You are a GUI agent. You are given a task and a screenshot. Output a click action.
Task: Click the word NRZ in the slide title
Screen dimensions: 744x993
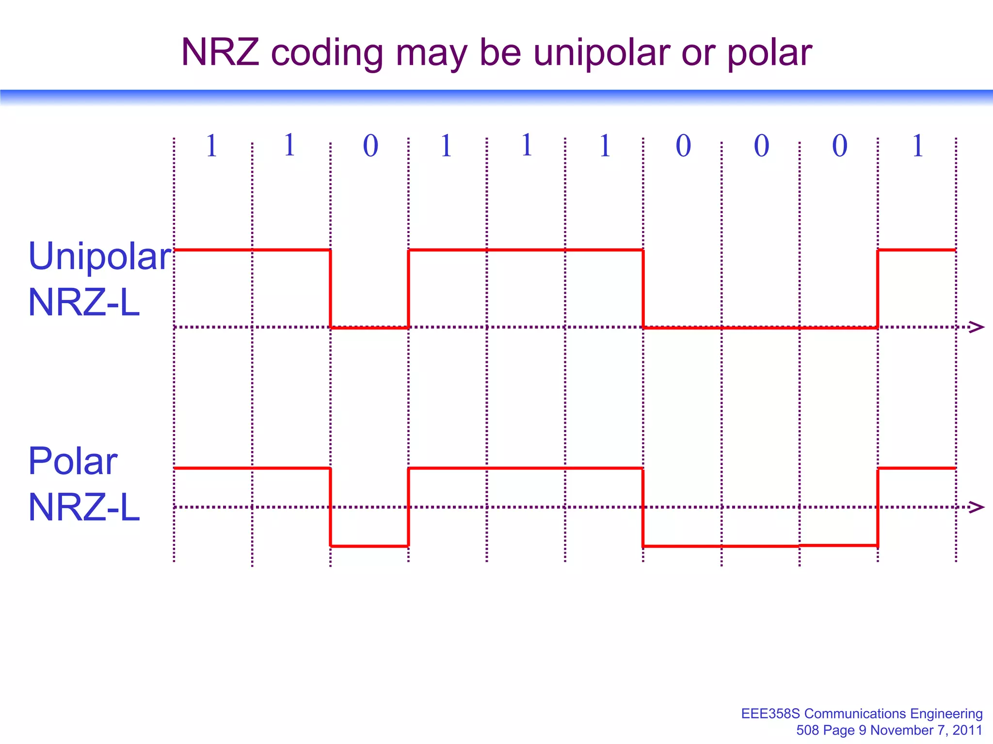point(220,52)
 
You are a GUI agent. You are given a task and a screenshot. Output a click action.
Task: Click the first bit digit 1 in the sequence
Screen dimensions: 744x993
point(211,146)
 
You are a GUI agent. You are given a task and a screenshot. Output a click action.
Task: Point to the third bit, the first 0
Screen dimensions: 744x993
point(370,146)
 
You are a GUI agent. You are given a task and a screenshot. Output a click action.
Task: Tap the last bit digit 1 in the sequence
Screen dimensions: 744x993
point(917,146)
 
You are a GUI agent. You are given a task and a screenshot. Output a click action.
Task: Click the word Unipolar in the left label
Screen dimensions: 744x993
point(100,257)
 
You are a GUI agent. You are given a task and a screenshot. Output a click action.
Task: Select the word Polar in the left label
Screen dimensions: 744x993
point(73,461)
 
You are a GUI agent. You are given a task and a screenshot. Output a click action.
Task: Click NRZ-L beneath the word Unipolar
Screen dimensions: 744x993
point(84,303)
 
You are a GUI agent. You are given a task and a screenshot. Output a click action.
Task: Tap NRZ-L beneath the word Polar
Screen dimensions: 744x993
point(84,508)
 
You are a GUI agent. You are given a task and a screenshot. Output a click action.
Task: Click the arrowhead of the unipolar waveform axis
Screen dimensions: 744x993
point(977,327)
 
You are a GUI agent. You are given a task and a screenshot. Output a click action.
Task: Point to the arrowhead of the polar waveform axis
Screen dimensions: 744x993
point(977,507)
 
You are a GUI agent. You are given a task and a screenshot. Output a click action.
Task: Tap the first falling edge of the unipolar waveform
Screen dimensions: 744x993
point(331,289)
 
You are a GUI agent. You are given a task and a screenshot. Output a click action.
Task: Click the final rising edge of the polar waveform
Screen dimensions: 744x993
point(878,507)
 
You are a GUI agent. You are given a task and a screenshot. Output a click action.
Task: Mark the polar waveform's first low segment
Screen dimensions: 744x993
point(369,546)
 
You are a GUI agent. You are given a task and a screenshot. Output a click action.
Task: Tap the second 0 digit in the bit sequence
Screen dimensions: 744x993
point(683,146)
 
